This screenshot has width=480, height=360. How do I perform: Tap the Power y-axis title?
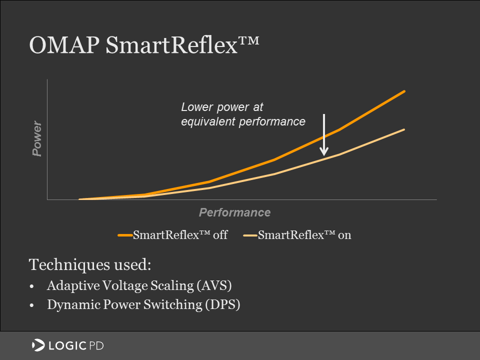click(x=36, y=138)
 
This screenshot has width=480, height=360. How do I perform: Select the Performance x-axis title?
click(x=234, y=212)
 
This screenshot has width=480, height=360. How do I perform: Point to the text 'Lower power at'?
click(x=221, y=107)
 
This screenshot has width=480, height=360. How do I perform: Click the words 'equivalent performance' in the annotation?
click(x=242, y=121)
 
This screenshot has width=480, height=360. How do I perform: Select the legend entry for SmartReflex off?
click(x=180, y=235)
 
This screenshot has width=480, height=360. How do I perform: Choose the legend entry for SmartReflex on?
click(x=304, y=235)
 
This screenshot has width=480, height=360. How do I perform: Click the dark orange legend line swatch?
click(x=125, y=235)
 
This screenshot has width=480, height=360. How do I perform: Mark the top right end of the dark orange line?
click(x=403, y=91)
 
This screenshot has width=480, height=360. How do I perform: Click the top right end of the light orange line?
click(x=403, y=129)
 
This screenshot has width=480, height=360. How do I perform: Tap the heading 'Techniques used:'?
click(x=90, y=264)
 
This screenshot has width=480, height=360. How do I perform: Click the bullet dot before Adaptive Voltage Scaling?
click(x=32, y=286)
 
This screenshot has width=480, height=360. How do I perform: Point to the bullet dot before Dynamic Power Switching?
click(x=32, y=305)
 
